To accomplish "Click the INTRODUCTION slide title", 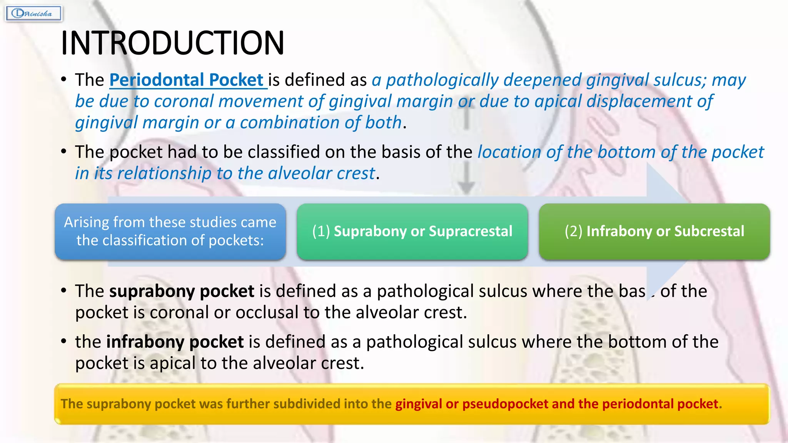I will point(172,43).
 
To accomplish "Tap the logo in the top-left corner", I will point(33,14).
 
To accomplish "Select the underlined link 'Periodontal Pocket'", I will point(188,80).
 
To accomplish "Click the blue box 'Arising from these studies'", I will point(170,231).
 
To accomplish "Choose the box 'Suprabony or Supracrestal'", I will point(412,231).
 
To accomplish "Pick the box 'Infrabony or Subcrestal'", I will point(654,231).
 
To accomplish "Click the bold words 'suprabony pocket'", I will point(182,291).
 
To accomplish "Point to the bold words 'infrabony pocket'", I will point(175,342).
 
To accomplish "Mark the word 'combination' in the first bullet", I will point(289,123).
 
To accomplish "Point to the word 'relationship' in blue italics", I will point(164,173).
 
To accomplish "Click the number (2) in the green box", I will point(573,231).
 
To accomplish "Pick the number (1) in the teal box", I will point(321,231).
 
